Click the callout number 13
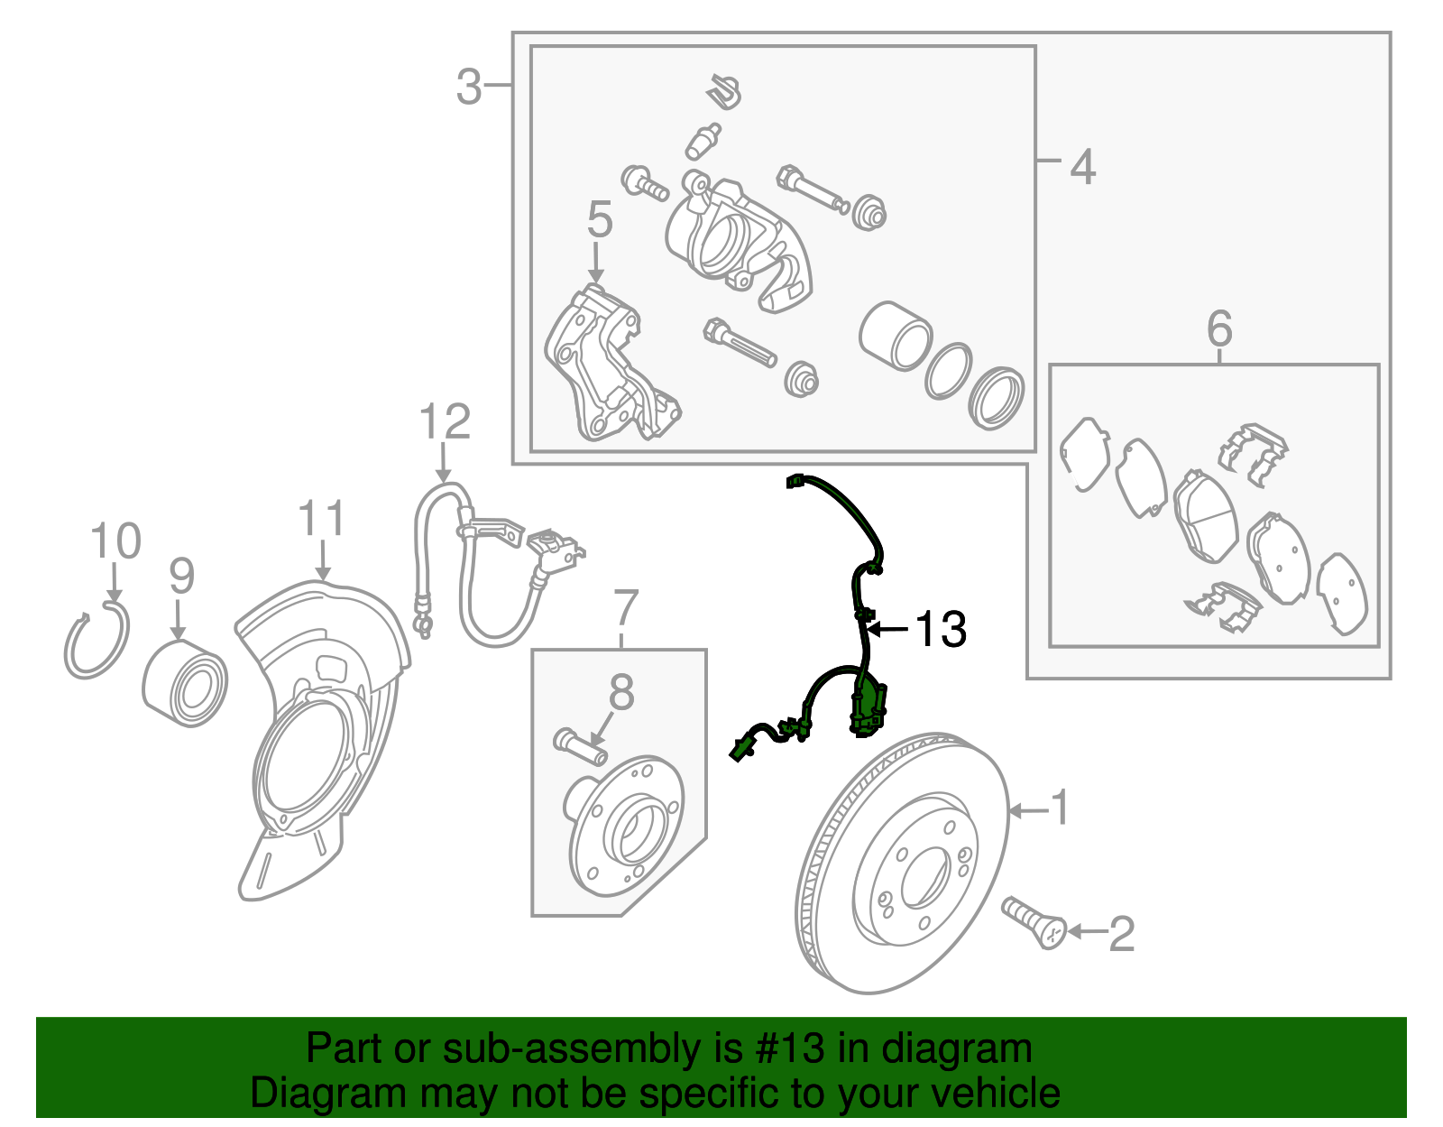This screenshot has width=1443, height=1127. point(941,629)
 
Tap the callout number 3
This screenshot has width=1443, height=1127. point(469,88)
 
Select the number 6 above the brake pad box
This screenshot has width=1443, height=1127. point(1219,328)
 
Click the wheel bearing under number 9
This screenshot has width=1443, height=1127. point(186,683)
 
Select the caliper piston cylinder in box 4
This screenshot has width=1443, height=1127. point(893,337)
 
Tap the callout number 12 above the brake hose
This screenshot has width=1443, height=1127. point(446,422)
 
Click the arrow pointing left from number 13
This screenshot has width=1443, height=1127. point(888,629)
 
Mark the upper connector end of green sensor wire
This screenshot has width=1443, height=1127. point(795,482)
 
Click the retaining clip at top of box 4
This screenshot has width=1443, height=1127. point(724,91)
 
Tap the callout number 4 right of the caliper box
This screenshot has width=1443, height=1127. point(1082,167)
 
